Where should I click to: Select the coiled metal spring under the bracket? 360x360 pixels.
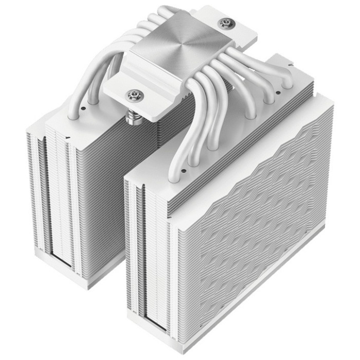click(133, 114)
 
